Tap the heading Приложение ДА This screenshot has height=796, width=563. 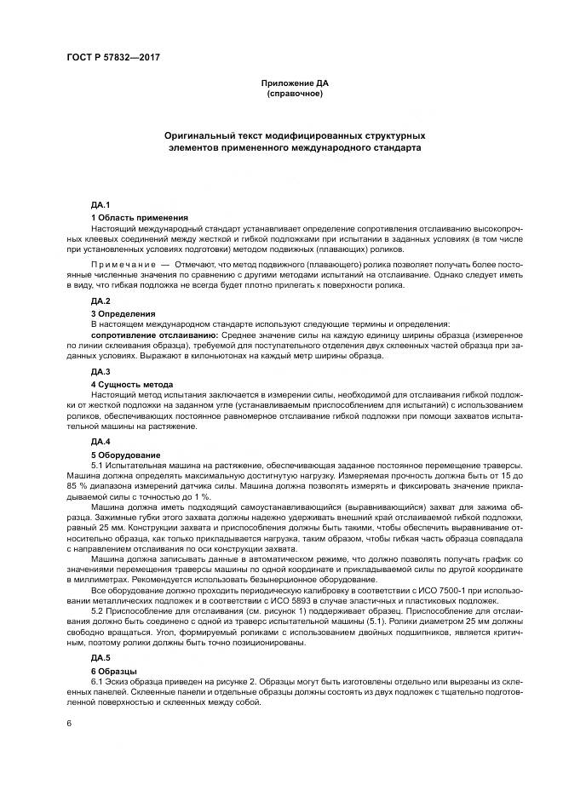pyautogui.click(x=294, y=83)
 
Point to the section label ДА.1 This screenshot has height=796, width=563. pyautogui.click(x=101, y=207)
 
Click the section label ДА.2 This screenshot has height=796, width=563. pyautogui.click(x=101, y=301)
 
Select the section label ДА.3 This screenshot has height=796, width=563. pyautogui.click(x=101, y=372)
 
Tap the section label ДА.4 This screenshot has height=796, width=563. pyautogui.click(x=101, y=442)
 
